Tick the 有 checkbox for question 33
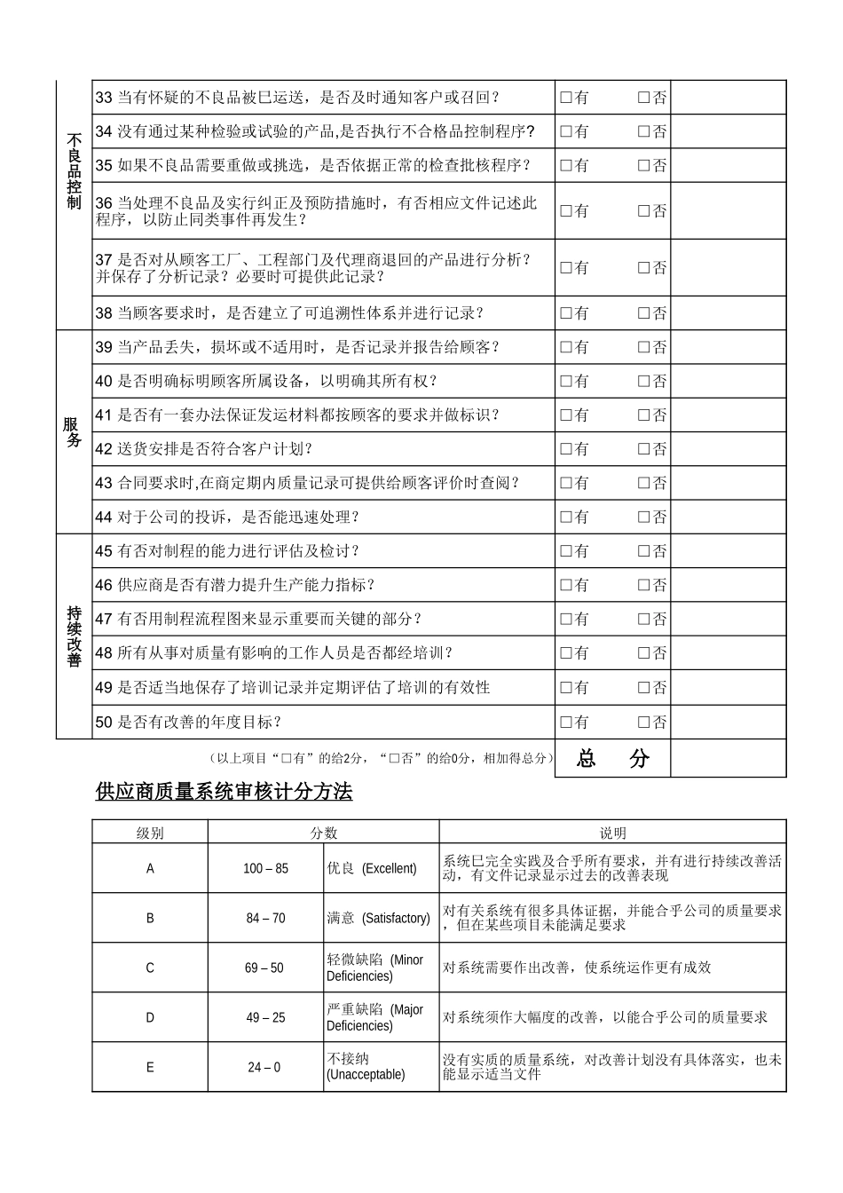(x=565, y=99)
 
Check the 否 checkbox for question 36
(x=644, y=211)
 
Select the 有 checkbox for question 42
(x=565, y=449)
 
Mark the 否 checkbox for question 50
(x=644, y=723)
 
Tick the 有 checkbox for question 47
(x=565, y=620)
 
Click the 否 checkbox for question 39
(x=644, y=348)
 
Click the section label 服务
(x=74, y=432)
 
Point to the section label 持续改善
(x=74, y=636)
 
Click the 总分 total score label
(x=612, y=759)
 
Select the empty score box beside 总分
(x=728, y=759)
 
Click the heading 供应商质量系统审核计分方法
(x=224, y=792)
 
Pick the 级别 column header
(x=150, y=833)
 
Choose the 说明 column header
(x=612, y=833)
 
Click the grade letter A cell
(x=150, y=868)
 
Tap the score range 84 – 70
(x=265, y=918)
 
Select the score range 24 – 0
(x=264, y=1067)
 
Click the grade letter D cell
(x=150, y=1017)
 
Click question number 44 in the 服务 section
(x=104, y=517)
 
